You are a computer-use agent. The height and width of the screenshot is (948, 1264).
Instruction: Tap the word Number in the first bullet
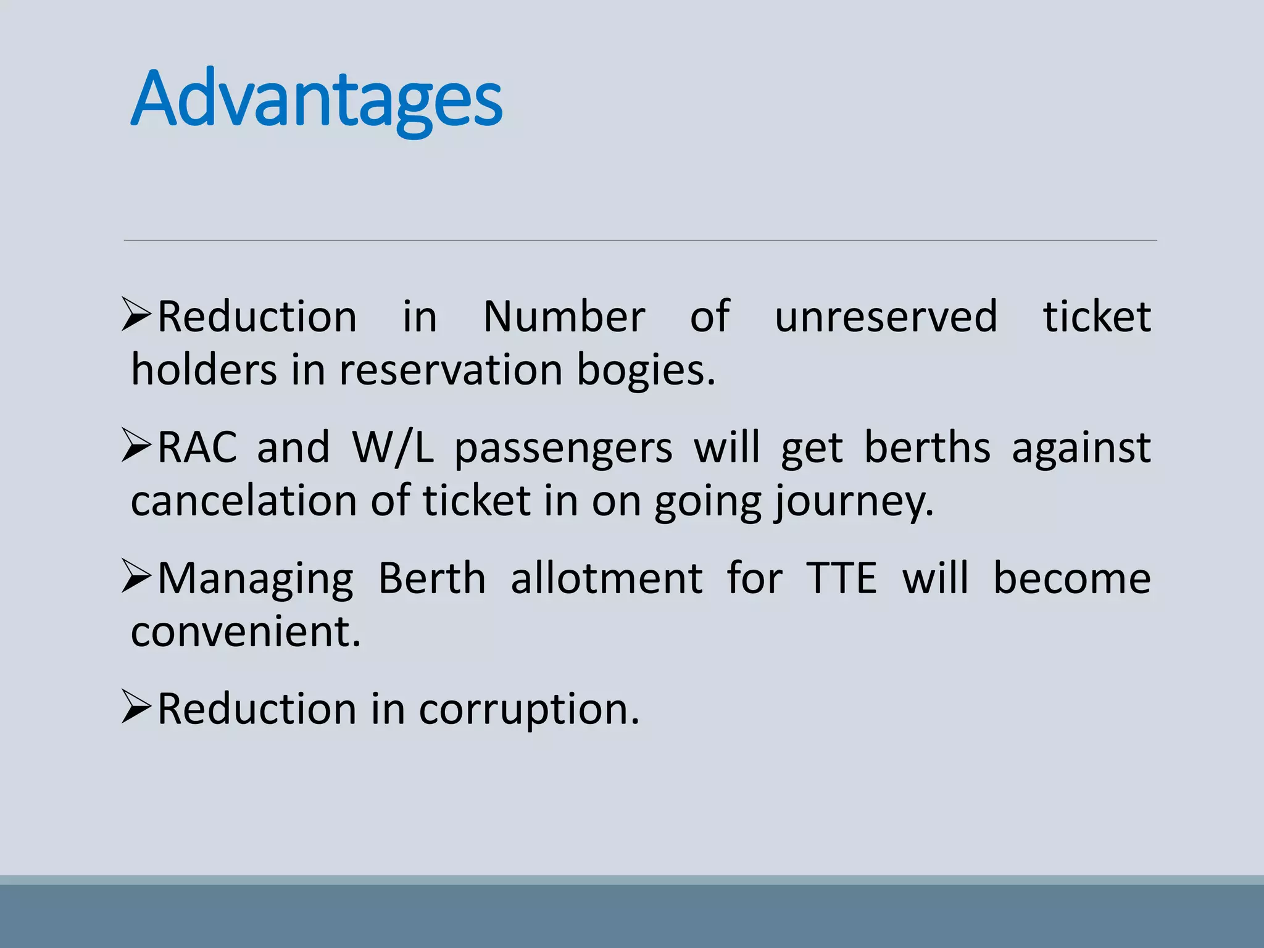tap(563, 317)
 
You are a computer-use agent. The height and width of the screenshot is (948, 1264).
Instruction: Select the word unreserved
tap(886, 317)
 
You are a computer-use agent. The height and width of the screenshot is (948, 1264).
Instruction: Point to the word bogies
tap(646, 370)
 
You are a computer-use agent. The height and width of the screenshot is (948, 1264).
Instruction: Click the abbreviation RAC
tap(197, 447)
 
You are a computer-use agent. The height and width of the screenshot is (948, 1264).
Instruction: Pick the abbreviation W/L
tap(393, 447)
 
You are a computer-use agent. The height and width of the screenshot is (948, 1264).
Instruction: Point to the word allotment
tap(607, 579)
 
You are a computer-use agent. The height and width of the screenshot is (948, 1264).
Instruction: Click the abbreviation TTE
tap(841, 579)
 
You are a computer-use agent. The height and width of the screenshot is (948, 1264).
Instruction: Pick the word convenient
tap(246, 632)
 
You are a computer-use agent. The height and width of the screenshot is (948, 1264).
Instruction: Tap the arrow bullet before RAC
tap(136, 445)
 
